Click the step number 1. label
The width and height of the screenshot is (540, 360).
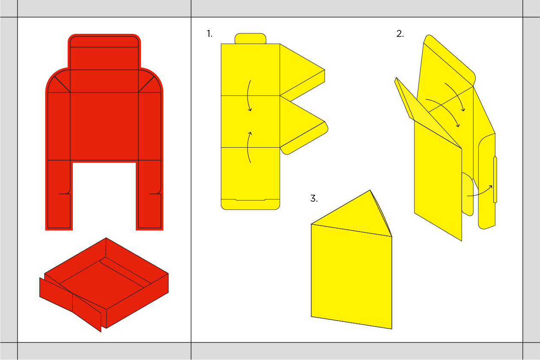pyautogui.click(x=209, y=34)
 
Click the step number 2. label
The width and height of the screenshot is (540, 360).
pyautogui.click(x=400, y=34)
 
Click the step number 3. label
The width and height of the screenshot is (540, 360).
pyautogui.click(x=314, y=199)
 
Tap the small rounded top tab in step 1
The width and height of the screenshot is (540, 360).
pyautogui.click(x=251, y=39)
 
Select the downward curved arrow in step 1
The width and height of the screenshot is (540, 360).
pyautogui.click(x=248, y=95)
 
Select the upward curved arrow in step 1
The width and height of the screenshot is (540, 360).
pyautogui.click(x=248, y=148)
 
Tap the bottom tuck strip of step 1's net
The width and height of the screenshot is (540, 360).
pyautogui.click(x=251, y=205)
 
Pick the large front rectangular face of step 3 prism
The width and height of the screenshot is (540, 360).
pyautogui.click(x=352, y=277)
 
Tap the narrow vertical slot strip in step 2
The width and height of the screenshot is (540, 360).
pyautogui.click(x=495, y=179)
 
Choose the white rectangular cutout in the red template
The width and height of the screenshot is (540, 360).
pyautogui.click(x=104, y=196)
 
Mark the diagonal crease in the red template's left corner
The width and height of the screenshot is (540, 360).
pyautogui.click(x=62, y=84)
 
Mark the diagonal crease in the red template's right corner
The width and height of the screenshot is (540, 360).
pyautogui.click(x=146, y=84)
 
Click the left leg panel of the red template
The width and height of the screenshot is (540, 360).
pyautogui.click(x=59, y=194)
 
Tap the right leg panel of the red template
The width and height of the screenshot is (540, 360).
pyautogui.click(x=149, y=194)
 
